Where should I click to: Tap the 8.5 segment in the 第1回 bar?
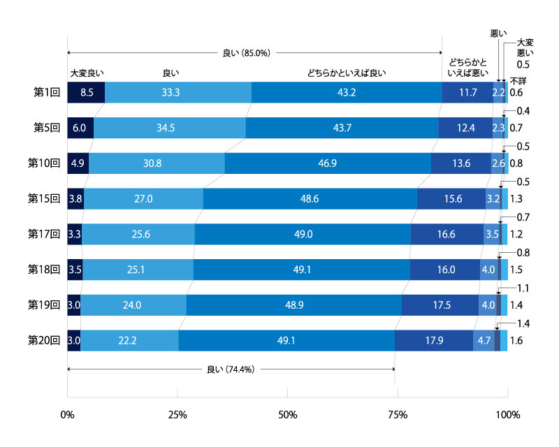click(x=86, y=92)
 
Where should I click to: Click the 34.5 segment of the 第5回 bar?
click(x=169, y=128)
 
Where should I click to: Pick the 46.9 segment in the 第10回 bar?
click(x=328, y=163)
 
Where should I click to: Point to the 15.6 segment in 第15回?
click(x=451, y=198)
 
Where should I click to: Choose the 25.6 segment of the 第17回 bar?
click(x=138, y=234)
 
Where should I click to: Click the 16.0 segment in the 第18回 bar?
click(x=444, y=270)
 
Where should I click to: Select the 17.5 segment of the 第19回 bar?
click(x=440, y=305)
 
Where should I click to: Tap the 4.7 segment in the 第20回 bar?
click(x=484, y=340)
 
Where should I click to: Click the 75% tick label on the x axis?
click(x=398, y=415)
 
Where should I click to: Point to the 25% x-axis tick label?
click(x=177, y=415)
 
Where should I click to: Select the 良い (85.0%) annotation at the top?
click(x=246, y=52)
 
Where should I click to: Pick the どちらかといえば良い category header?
click(x=347, y=72)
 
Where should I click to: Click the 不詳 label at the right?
click(x=518, y=80)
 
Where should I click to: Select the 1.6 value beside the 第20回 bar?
click(x=517, y=340)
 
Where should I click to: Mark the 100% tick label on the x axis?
click(x=507, y=415)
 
